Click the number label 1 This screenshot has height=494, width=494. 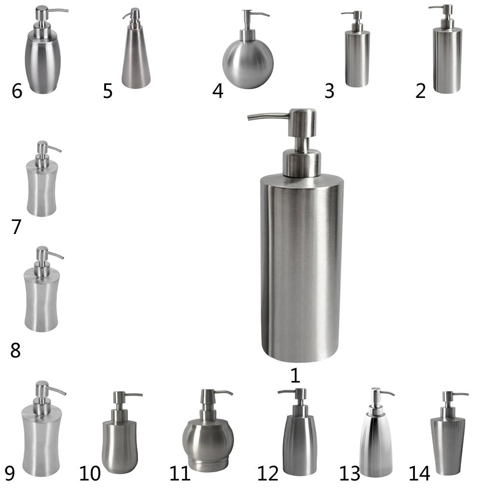[x=295, y=375]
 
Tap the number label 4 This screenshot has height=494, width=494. [x=218, y=91]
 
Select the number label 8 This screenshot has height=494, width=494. [x=15, y=350]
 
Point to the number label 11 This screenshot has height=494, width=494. [x=180, y=473]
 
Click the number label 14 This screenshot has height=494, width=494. [x=419, y=473]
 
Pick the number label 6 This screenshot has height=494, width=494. [x=17, y=91]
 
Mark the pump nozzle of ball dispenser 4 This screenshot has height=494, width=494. [x=255, y=19]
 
